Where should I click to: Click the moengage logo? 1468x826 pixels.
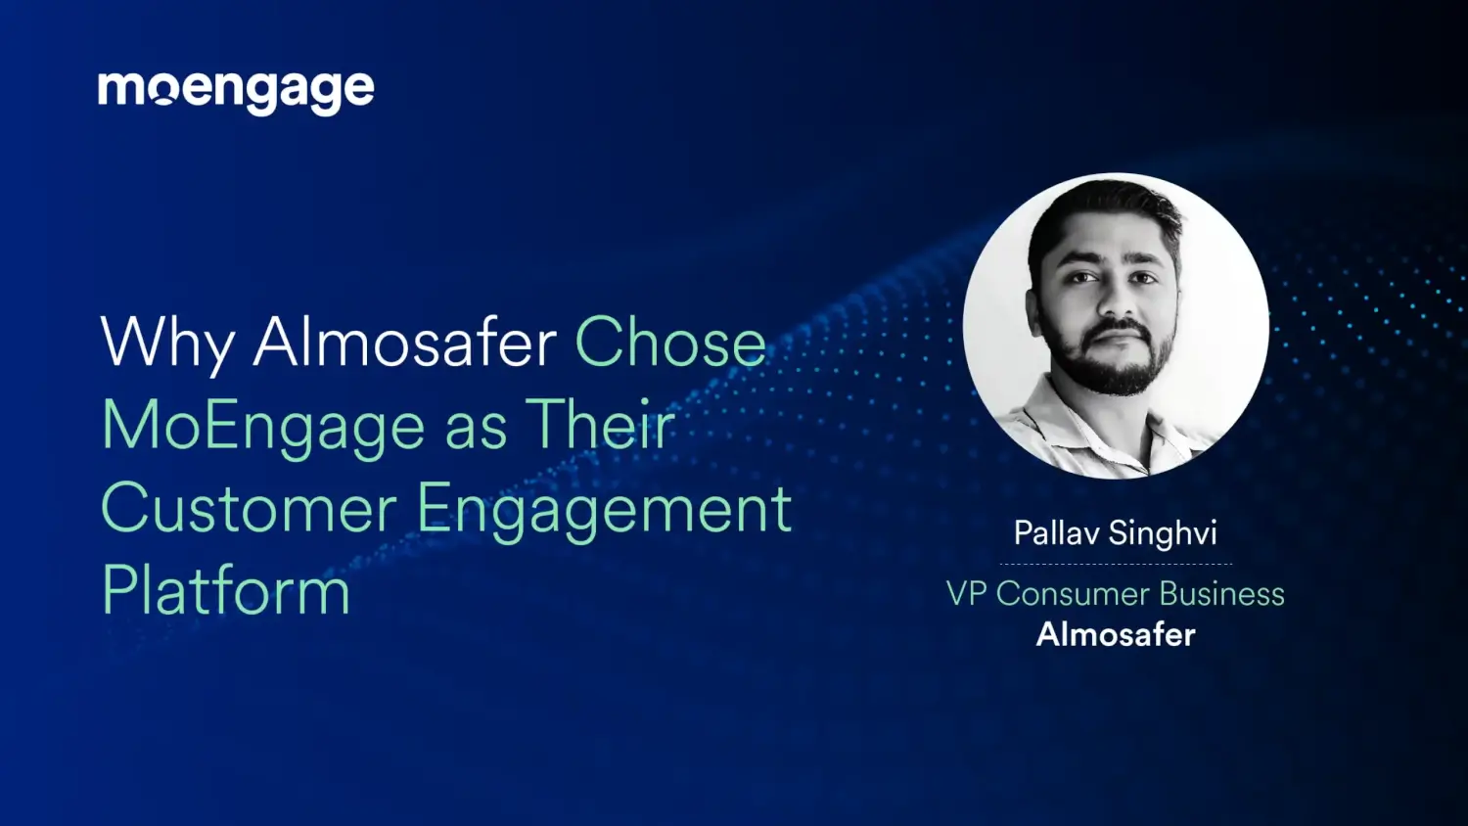236,91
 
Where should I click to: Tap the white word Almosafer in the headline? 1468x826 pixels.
405,343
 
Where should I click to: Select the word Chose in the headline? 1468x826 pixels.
670,343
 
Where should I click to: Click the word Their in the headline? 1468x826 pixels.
600,425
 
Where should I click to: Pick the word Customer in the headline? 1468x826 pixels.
249,509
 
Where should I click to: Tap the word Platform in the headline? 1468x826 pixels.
226,591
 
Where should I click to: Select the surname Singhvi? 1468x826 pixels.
1163,534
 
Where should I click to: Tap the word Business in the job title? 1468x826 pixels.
1222,594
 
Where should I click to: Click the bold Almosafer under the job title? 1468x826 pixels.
1116,635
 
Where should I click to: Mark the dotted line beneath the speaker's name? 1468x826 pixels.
1116,565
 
